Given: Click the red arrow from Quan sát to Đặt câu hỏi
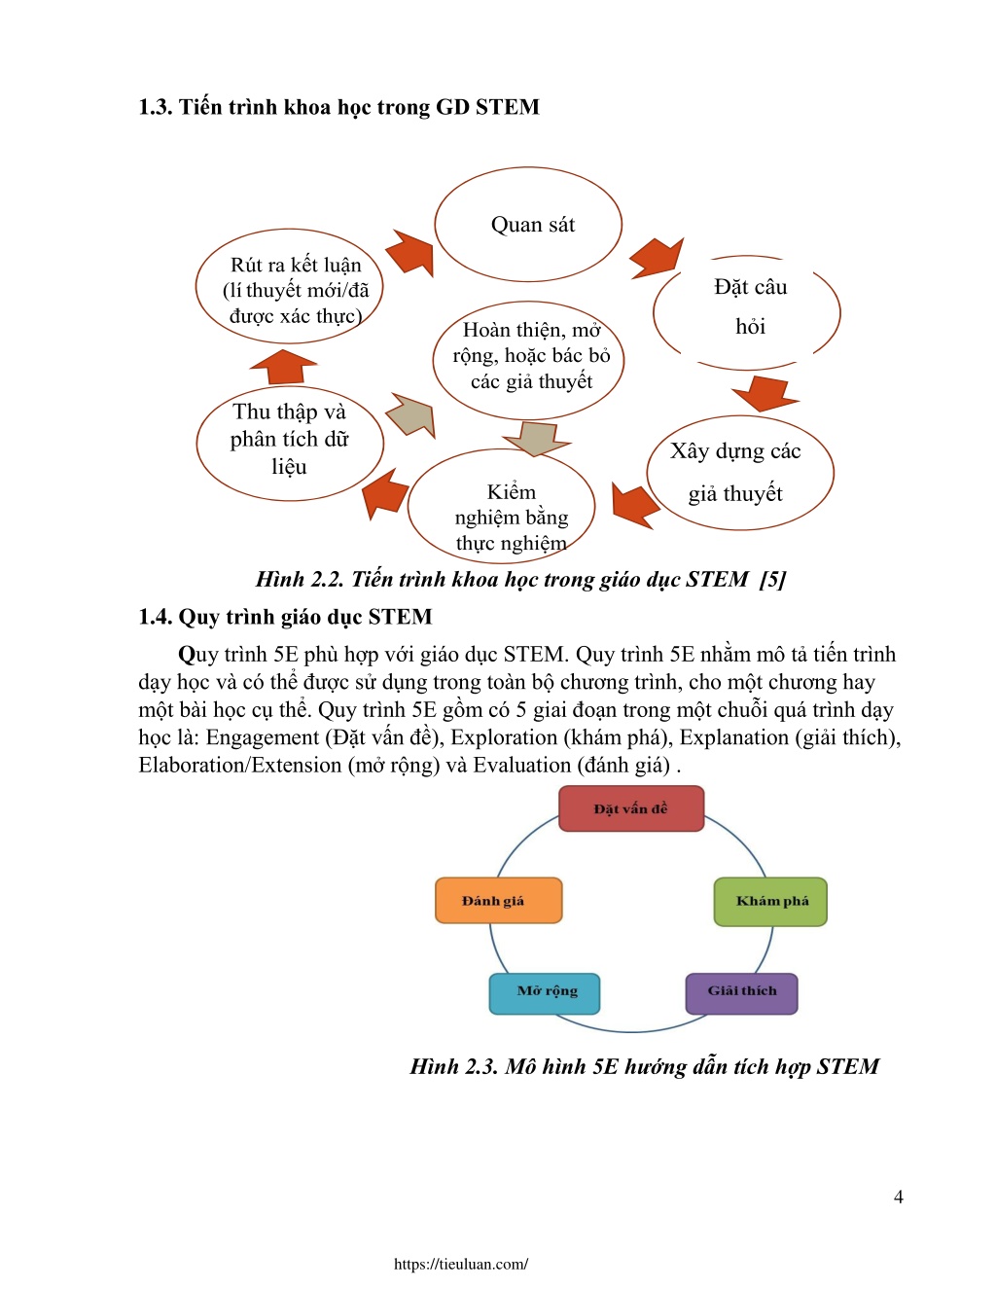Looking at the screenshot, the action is [x=657, y=258].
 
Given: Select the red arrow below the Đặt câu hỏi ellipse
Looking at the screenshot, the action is [x=765, y=393].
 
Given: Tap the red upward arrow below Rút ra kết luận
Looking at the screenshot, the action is [x=284, y=367].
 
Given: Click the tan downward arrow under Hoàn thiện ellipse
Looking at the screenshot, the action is [x=537, y=439].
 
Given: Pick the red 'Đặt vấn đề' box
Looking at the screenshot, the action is [x=631, y=808].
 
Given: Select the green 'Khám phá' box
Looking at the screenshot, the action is [x=770, y=901].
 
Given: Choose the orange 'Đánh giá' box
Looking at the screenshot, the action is [x=499, y=901].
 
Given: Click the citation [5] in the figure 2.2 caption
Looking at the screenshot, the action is [x=772, y=579].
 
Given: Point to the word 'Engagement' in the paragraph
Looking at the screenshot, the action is [x=263, y=737].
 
